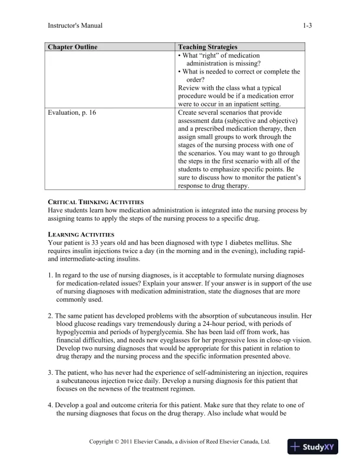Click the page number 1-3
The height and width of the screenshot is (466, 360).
tap(307, 25)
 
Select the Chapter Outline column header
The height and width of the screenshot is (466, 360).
tap(72, 46)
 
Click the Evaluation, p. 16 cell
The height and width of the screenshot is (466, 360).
tap(72, 112)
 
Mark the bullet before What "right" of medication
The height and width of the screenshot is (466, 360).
tap(179, 55)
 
